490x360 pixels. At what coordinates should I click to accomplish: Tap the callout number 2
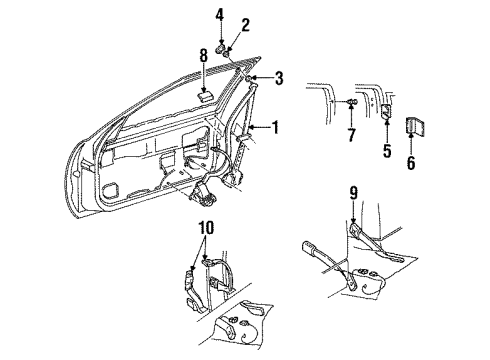click(x=245, y=25)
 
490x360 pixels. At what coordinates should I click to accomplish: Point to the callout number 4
click(x=220, y=14)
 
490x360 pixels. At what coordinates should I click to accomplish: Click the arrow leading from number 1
click(x=257, y=128)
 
